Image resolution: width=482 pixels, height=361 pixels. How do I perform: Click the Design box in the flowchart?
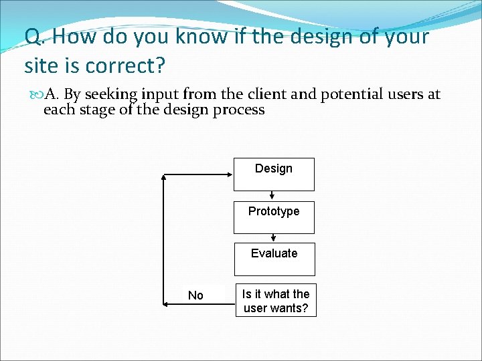[274, 174]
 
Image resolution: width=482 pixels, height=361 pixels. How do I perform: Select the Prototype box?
[274, 217]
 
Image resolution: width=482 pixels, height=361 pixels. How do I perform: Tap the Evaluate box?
[274, 259]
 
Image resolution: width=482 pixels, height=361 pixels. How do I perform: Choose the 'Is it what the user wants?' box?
[275, 301]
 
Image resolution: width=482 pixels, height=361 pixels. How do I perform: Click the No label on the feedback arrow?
[195, 295]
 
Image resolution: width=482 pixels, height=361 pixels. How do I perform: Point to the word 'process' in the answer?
[239, 110]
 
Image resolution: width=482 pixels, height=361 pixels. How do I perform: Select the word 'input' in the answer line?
[160, 94]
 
